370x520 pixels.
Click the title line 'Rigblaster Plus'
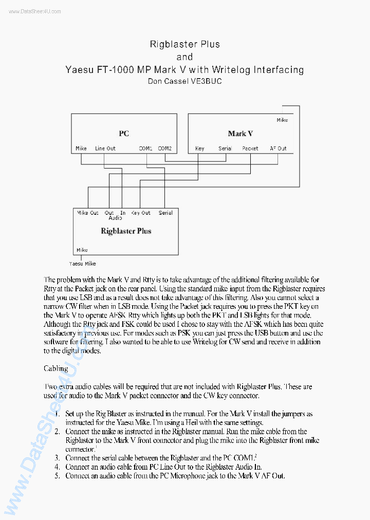tap(184, 44)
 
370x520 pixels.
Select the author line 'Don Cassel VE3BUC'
tap(184, 81)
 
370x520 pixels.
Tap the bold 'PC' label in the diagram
tap(124, 134)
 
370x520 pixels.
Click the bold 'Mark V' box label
tap(240, 134)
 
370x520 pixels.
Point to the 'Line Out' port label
tap(105, 148)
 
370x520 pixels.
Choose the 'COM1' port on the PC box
tap(145, 148)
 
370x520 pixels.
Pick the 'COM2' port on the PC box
tap(165, 148)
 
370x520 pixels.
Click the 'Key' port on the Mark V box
tap(199, 148)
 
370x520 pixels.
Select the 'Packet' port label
tap(250, 148)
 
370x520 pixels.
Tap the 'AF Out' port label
tap(278, 148)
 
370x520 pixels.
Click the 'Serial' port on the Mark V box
tap(225, 148)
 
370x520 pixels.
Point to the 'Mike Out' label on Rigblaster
tap(88, 213)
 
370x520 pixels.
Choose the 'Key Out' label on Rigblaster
tap(141, 213)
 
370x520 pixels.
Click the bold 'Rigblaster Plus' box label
tap(126, 231)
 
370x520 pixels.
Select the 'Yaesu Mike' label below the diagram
tap(83, 264)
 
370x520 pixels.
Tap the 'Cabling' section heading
tap(55, 368)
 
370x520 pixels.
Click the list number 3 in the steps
tap(58, 458)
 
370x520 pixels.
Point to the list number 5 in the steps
tap(58, 476)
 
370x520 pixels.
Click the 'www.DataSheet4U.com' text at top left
tap(34, 11)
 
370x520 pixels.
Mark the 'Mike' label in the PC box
tap(81, 148)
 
